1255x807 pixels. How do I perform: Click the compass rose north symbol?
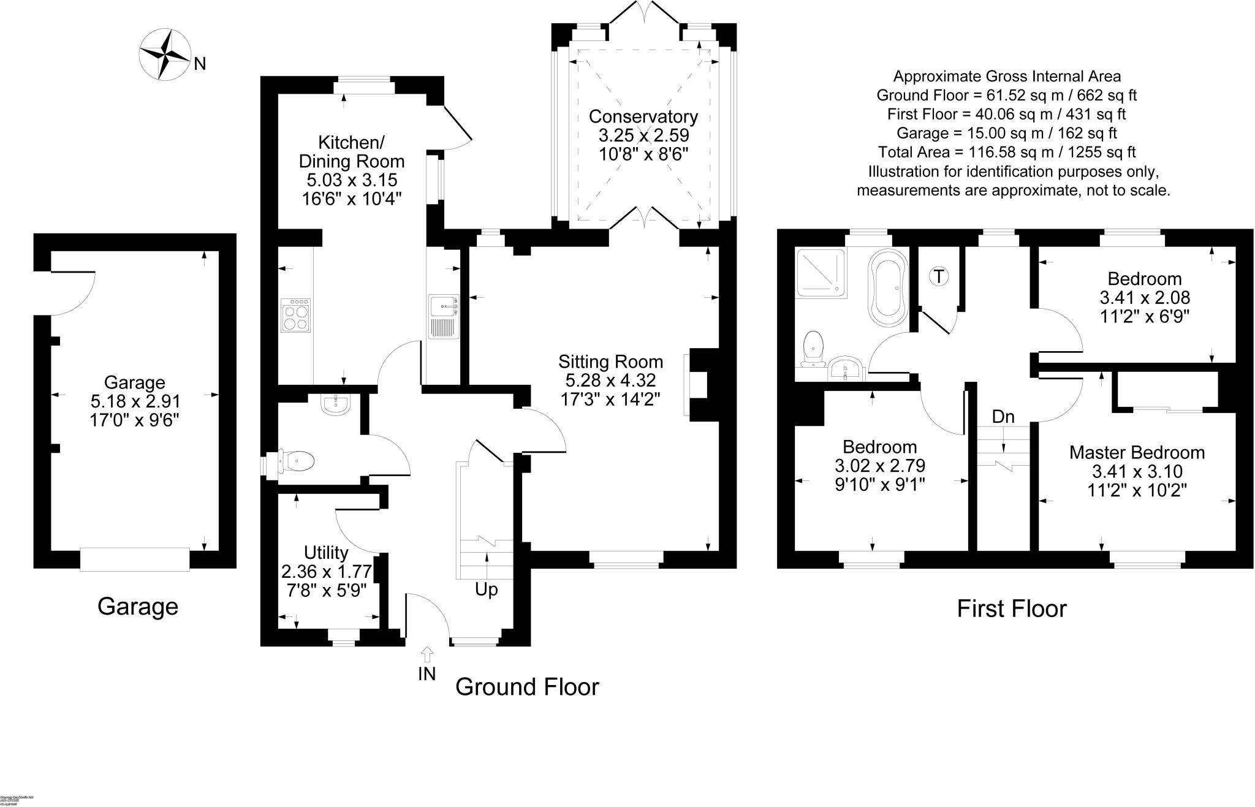click(x=165, y=55)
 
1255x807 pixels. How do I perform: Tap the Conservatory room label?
click(x=643, y=116)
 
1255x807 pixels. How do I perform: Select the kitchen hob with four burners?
click(x=295, y=316)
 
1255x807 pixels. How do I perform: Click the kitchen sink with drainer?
click(x=444, y=316)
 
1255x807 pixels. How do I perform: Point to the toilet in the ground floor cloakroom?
click(x=297, y=461)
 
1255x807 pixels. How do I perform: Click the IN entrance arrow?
click(x=427, y=654)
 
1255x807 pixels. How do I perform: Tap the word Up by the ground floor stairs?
click(x=487, y=589)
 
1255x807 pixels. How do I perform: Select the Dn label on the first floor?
click(x=1003, y=417)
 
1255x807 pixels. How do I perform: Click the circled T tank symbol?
click(x=938, y=276)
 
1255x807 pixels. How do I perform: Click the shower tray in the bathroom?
click(x=821, y=273)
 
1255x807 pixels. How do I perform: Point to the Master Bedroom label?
click(x=1137, y=453)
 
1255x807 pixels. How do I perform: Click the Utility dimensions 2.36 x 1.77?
click(x=326, y=572)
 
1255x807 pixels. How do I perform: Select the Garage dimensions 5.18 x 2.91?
click(x=135, y=401)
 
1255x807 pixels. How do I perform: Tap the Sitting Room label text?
click(x=610, y=362)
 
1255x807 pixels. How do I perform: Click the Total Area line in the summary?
click(x=1007, y=152)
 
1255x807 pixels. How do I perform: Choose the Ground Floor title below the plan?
click(x=526, y=687)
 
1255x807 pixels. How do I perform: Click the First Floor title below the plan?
click(x=1011, y=608)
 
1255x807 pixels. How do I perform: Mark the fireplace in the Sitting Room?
click(x=697, y=385)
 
